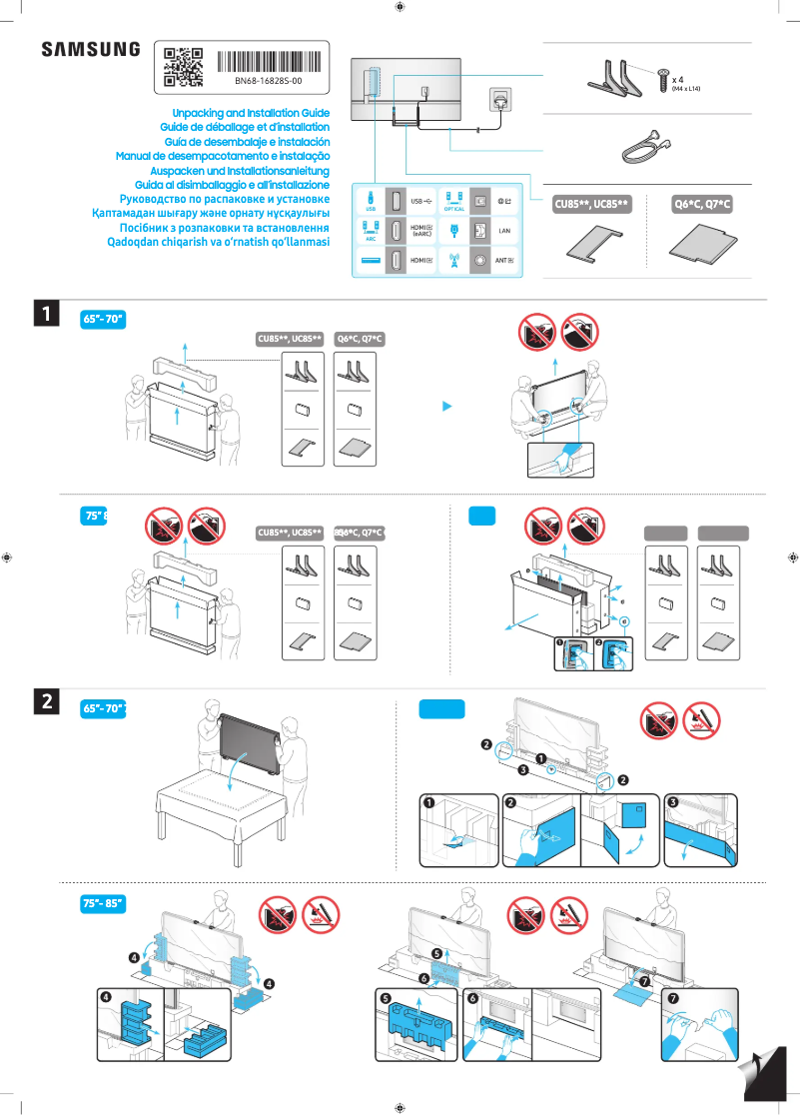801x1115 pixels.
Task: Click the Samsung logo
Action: pyautogui.click(x=90, y=50)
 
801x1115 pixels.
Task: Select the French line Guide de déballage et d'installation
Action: pyautogui.click(x=245, y=128)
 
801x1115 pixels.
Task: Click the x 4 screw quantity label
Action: pyautogui.click(x=678, y=78)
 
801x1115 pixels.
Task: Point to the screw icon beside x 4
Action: pyautogui.click(x=663, y=80)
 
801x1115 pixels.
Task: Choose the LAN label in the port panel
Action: pyautogui.click(x=504, y=231)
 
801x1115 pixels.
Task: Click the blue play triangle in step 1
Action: pyautogui.click(x=448, y=407)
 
